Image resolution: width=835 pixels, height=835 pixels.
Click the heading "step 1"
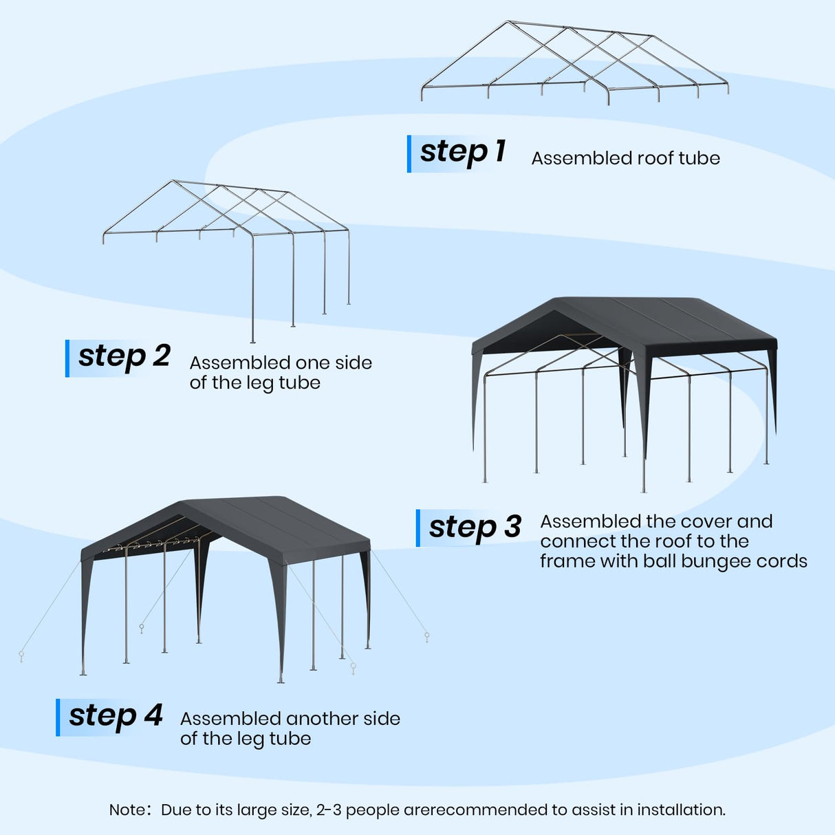462,152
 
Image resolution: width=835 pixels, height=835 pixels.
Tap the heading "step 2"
124,356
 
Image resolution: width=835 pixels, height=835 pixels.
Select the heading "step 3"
475,528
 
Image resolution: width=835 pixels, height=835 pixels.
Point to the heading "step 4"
116,716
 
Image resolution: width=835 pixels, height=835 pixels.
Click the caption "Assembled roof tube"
625,158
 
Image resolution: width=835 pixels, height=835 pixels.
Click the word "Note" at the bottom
127,810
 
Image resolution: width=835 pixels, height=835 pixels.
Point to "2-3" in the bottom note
328,810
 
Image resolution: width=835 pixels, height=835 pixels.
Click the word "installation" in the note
680,810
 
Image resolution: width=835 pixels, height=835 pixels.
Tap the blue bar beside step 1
409,153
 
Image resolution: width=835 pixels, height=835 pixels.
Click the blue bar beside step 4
58,717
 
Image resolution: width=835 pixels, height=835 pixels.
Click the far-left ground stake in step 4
21,655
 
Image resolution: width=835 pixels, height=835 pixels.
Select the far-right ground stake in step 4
427,637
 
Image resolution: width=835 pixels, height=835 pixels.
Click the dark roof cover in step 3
660,320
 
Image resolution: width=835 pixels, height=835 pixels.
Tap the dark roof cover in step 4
275,523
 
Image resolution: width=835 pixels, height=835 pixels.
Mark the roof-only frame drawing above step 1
574,62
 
